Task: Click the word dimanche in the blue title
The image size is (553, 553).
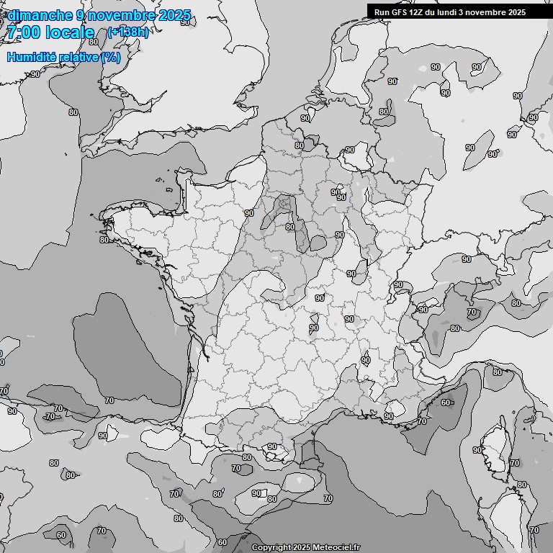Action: pyautogui.click(x=40, y=15)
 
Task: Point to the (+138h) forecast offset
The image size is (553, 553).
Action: pyautogui.click(x=127, y=32)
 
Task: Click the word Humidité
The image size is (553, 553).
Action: pyautogui.click(x=31, y=57)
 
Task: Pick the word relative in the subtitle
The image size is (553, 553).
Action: pyautogui.click(x=77, y=57)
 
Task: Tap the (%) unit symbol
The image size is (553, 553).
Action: pyautogui.click(x=111, y=57)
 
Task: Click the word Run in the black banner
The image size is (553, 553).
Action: pyautogui.click(x=381, y=12)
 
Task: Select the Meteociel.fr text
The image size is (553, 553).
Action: pyautogui.click(x=336, y=548)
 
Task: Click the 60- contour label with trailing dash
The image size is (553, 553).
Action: pyautogui.click(x=447, y=403)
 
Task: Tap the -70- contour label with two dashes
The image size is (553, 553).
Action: pyautogui.click(x=50, y=416)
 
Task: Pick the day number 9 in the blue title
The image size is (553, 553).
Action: pyautogui.click(x=81, y=15)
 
